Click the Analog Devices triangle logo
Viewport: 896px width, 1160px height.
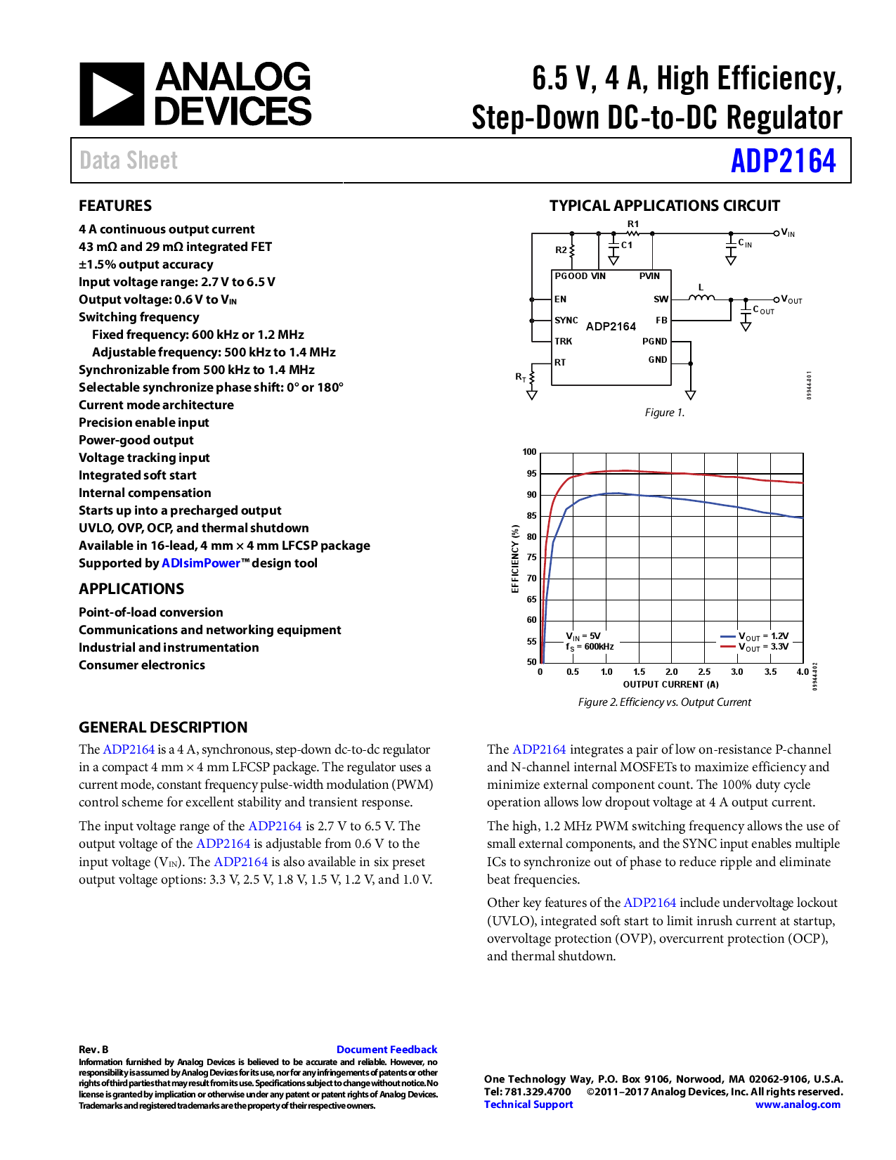[x=112, y=94]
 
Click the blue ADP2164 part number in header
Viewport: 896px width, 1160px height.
[x=783, y=161]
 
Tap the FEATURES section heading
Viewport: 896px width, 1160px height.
[x=115, y=206]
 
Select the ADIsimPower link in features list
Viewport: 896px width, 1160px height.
[x=201, y=563]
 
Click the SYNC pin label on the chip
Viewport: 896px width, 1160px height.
[x=566, y=321]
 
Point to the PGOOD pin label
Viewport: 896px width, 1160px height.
[x=571, y=276]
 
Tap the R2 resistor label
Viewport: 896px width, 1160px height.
[x=561, y=250]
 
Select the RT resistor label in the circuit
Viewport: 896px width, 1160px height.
[x=521, y=378]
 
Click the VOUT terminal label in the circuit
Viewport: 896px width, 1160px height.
[x=792, y=300]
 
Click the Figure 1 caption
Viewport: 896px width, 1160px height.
[x=664, y=413]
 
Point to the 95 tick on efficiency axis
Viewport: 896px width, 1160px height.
[x=531, y=474]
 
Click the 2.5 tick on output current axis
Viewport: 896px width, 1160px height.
[x=704, y=672]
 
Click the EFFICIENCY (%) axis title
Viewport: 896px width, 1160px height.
[x=515, y=559]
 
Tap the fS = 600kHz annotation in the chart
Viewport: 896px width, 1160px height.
[x=590, y=647]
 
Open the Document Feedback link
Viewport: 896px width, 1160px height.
[x=387, y=1050]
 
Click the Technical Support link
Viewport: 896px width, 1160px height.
[x=528, y=1104]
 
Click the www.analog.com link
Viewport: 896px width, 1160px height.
[x=798, y=1104]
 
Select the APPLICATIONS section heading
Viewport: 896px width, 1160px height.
[x=131, y=589]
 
